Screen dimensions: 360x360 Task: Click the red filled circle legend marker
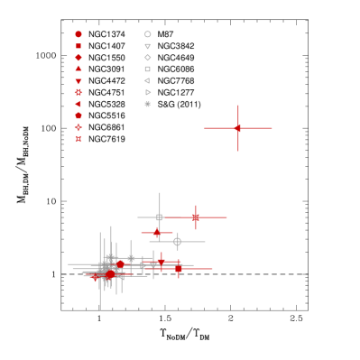click(78, 34)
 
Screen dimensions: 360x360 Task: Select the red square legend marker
click(78, 46)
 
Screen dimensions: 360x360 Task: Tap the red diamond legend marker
click(78, 58)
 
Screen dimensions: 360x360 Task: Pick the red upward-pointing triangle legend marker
click(78, 69)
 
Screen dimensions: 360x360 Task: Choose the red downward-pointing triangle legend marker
click(78, 81)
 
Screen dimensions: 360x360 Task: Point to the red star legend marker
click(78, 92)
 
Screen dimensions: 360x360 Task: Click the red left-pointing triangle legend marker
click(78, 104)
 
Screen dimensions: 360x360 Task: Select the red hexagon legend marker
click(78, 115)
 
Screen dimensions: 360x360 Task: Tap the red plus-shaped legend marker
click(78, 127)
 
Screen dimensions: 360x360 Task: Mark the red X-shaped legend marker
click(78, 139)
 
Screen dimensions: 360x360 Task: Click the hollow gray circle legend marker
click(148, 34)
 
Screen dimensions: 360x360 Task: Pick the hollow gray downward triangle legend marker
click(148, 46)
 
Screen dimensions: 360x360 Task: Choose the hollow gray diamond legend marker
click(148, 58)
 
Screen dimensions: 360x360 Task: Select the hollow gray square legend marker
click(148, 69)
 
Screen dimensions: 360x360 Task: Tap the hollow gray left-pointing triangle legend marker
click(147, 80)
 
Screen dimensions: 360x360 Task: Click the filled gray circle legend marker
click(148, 104)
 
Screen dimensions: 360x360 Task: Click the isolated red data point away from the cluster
click(238, 128)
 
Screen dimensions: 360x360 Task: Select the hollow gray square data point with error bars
click(160, 217)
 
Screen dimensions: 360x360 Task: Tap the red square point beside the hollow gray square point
click(196, 217)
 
